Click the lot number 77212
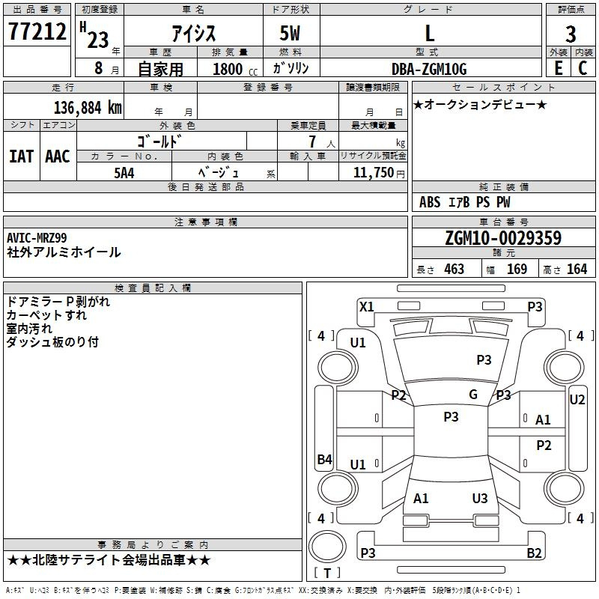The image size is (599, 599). (x=37, y=31)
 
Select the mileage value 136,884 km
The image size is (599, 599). (x=88, y=108)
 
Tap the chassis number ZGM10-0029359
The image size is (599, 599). (x=503, y=238)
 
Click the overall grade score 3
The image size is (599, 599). (x=571, y=34)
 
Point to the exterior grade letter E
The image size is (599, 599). (x=558, y=68)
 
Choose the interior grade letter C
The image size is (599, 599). (x=583, y=68)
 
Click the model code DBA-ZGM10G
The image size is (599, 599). (x=429, y=69)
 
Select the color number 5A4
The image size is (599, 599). (x=124, y=173)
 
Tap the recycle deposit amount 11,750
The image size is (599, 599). (x=374, y=173)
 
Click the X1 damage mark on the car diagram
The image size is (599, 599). (x=367, y=307)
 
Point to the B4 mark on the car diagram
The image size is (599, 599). (x=325, y=459)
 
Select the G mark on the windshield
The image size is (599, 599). (x=473, y=395)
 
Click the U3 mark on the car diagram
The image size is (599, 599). (x=480, y=498)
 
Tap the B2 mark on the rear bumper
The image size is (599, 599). (x=534, y=553)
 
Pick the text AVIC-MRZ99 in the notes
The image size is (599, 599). (x=37, y=238)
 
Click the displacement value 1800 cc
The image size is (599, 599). (x=235, y=70)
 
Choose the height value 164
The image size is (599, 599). (x=577, y=269)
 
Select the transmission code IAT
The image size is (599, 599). (x=21, y=156)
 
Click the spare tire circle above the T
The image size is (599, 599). (x=327, y=547)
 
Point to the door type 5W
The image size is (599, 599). (x=290, y=33)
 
